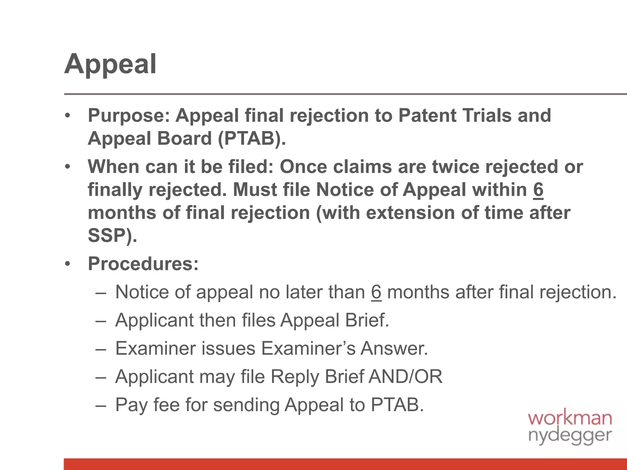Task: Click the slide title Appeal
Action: (x=110, y=64)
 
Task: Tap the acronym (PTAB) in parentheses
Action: (x=252, y=139)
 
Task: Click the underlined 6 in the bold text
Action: (x=538, y=190)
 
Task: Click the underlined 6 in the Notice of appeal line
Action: (x=376, y=292)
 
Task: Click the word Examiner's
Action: (x=308, y=349)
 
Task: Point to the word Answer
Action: (x=394, y=349)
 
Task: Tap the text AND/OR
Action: (x=406, y=377)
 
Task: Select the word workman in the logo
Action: (x=570, y=418)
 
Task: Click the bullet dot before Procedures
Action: (x=68, y=264)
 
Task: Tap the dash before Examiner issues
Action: (x=101, y=349)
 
